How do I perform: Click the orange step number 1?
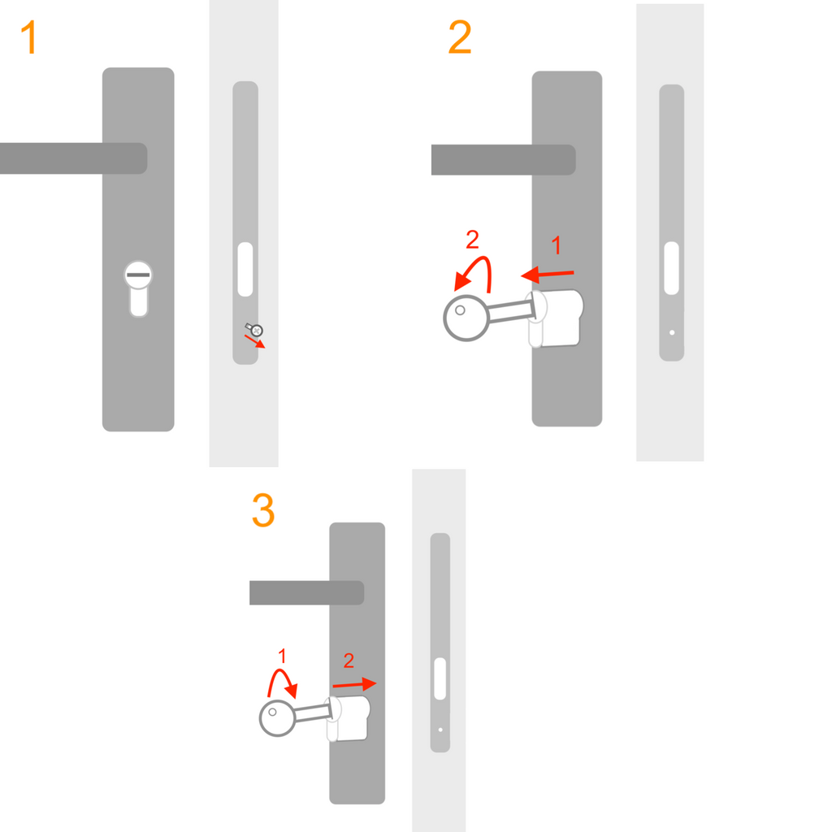point(28,37)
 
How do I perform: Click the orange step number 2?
point(460,37)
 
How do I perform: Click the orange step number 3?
point(263,510)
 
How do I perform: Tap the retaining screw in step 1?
point(255,330)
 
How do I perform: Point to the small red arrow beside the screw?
point(254,341)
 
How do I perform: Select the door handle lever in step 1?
point(73,158)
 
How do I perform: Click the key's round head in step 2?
point(466,318)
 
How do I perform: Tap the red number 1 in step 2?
point(556,245)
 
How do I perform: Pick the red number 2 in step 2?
point(472,240)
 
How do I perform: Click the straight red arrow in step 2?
point(547,275)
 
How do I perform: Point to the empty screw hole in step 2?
point(672,332)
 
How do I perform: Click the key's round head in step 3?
point(277,718)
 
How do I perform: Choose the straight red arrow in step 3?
point(354,684)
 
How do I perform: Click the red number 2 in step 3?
point(349,661)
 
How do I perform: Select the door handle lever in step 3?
point(306,592)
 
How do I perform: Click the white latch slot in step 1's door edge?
point(245,270)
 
